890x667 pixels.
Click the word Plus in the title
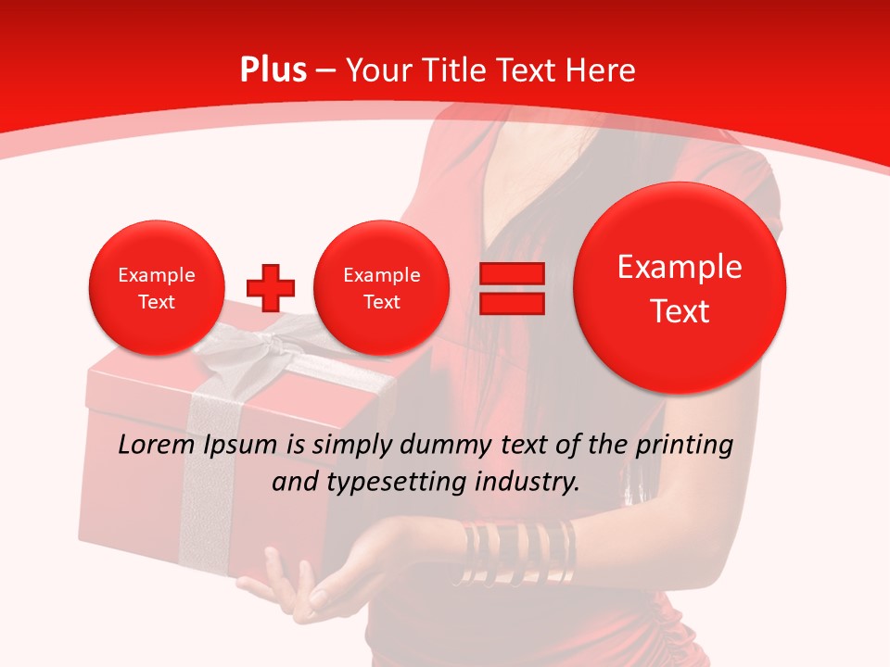(x=273, y=70)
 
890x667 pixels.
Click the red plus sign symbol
(x=271, y=288)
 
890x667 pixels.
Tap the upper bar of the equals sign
(x=511, y=273)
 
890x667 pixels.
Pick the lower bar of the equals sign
(x=511, y=303)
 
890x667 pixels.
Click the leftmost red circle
(x=157, y=288)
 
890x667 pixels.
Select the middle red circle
(x=381, y=288)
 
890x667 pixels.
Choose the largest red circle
(x=680, y=287)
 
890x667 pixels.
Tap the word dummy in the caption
(x=440, y=446)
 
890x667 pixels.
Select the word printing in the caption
(x=686, y=446)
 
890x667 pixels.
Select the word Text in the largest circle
(x=680, y=311)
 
